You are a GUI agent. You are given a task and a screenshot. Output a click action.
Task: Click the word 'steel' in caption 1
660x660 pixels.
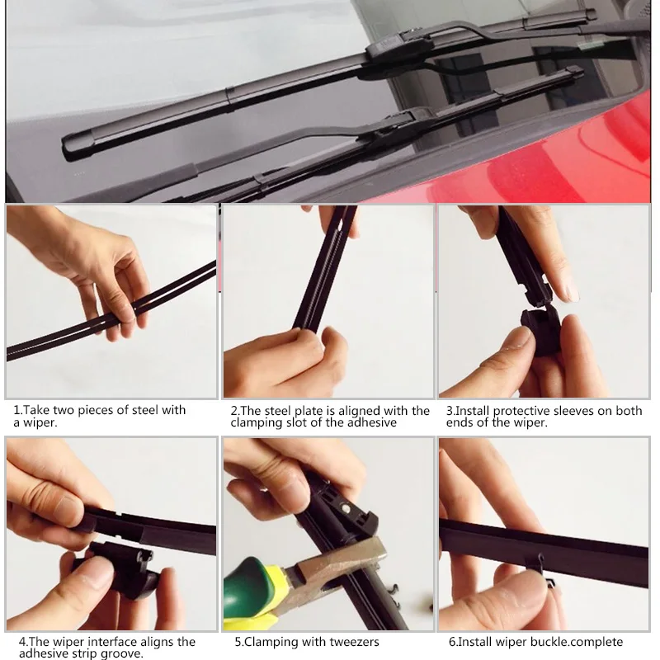(146, 410)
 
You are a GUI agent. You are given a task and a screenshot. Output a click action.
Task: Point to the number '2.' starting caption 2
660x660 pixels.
(234, 411)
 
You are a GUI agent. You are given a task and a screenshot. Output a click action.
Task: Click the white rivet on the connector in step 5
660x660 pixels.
(346, 508)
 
